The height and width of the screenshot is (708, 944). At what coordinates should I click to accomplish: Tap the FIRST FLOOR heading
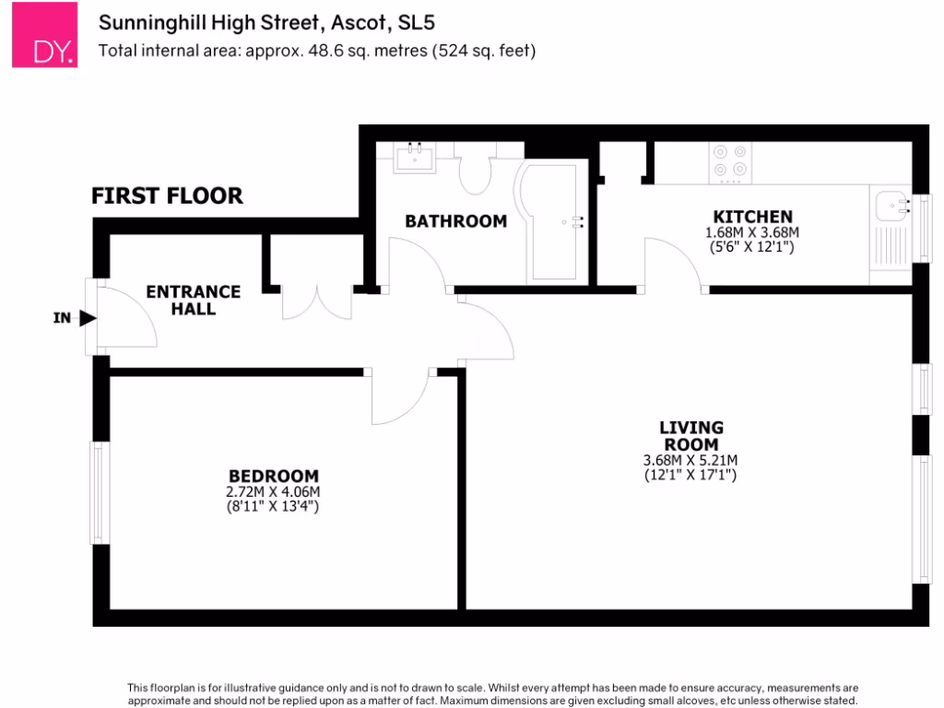point(167,195)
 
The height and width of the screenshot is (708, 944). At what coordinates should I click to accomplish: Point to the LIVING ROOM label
point(690,435)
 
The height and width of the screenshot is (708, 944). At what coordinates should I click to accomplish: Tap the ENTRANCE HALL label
point(194,301)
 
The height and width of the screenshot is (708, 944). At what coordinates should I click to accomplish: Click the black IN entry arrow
point(88,319)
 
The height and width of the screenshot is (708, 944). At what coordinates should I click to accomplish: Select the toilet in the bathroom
point(477,171)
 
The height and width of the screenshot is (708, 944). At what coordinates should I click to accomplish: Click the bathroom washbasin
point(414,159)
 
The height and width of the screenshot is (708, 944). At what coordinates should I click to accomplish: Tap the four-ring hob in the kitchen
point(729,161)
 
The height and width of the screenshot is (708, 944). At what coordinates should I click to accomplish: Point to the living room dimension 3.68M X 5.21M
point(690,461)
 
